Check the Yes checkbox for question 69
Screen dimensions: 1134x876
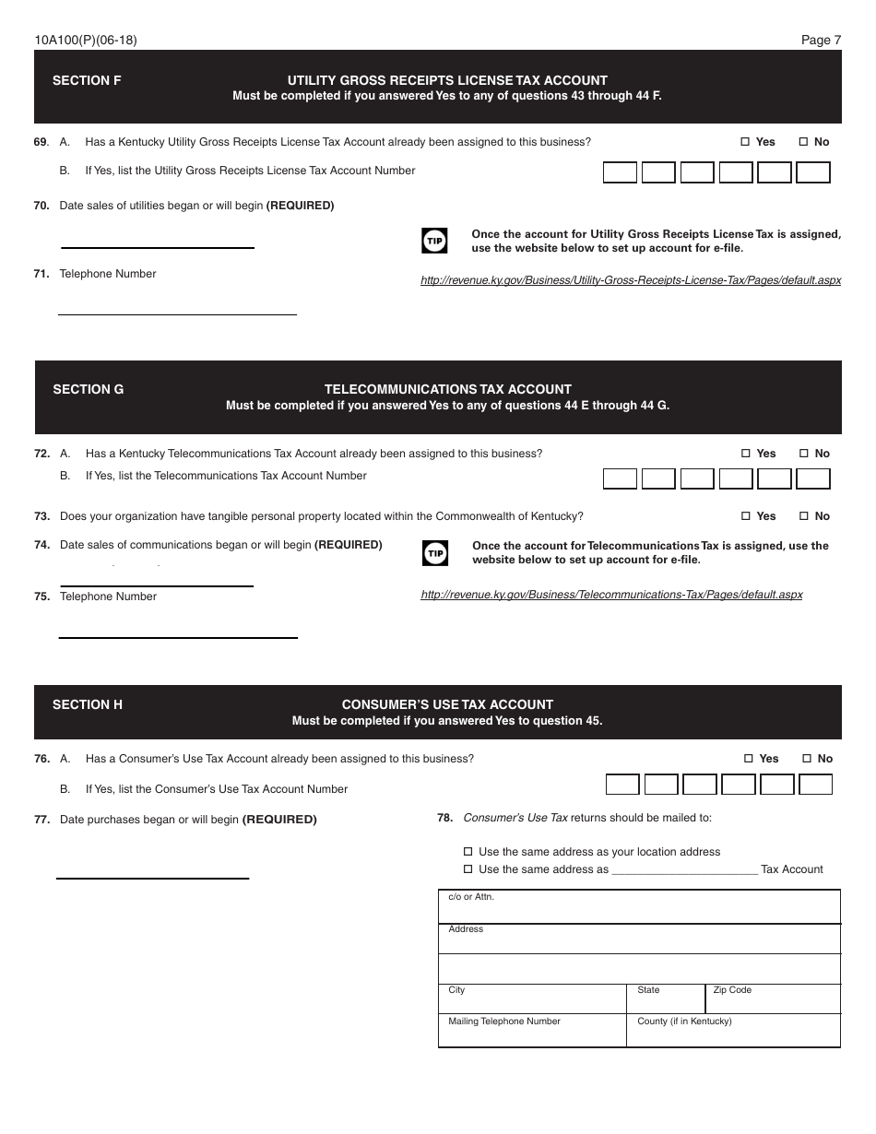point(745,142)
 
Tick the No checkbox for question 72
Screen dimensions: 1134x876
point(803,454)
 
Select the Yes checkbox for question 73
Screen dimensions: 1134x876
point(746,516)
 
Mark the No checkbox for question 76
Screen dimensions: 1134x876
point(807,759)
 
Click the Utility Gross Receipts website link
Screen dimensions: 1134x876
point(631,280)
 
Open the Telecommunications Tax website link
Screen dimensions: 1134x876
point(611,595)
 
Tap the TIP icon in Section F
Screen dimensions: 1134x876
point(434,242)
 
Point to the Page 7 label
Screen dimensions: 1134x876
point(821,40)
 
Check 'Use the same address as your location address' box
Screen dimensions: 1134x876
point(468,852)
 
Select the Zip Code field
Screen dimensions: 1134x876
point(773,999)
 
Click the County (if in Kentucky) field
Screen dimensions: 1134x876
point(733,1032)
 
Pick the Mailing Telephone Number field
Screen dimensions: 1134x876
point(532,1032)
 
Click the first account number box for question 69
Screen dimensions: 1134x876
point(620,172)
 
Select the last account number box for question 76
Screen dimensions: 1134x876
point(815,785)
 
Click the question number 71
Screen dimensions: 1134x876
point(41,274)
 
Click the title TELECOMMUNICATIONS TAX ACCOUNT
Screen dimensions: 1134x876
point(447,389)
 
